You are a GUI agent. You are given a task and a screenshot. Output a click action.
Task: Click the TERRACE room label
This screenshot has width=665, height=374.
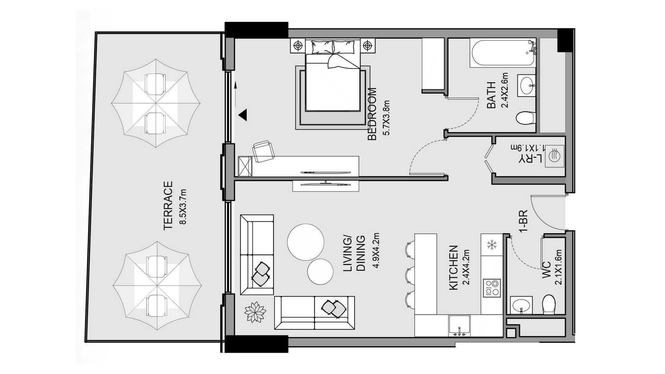(168, 205)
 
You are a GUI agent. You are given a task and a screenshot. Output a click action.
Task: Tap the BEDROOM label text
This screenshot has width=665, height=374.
(372, 114)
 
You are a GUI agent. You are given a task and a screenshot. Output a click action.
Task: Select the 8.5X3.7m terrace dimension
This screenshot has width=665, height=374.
(183, 207)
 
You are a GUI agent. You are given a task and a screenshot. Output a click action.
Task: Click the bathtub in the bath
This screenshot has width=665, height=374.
(503, 53)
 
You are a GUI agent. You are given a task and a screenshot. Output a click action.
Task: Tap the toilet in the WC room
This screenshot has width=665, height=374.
(549, 304)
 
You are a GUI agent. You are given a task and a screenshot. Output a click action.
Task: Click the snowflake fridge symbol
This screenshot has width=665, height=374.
(491, 245)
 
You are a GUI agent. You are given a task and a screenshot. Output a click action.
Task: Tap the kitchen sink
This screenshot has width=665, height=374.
(460, 326)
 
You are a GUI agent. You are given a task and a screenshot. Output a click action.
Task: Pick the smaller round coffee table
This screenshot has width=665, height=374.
(320, 271)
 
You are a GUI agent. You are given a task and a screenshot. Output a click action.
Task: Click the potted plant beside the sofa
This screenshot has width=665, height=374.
(255, 312)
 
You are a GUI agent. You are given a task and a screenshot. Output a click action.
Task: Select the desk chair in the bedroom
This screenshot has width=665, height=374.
(263, 151)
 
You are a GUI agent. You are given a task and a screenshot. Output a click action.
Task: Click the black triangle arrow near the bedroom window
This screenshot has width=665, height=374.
(243, 115)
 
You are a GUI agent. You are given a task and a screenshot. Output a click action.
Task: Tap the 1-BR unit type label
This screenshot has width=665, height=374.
(523, 220)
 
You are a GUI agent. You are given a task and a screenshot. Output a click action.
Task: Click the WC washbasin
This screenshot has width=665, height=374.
(521, 305)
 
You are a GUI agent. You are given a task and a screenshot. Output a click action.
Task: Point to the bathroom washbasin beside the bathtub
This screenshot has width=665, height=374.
(527, 85)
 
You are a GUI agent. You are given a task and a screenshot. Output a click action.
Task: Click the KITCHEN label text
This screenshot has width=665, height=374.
(453, 268)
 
